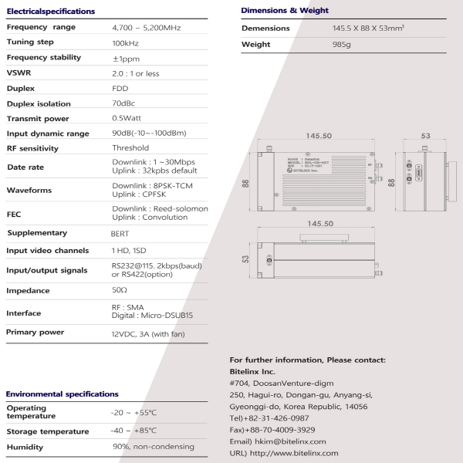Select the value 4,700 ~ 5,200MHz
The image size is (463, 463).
tap(147, 28)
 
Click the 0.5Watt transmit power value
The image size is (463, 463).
tap(129, 119)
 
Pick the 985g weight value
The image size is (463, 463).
tap(333, 45)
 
